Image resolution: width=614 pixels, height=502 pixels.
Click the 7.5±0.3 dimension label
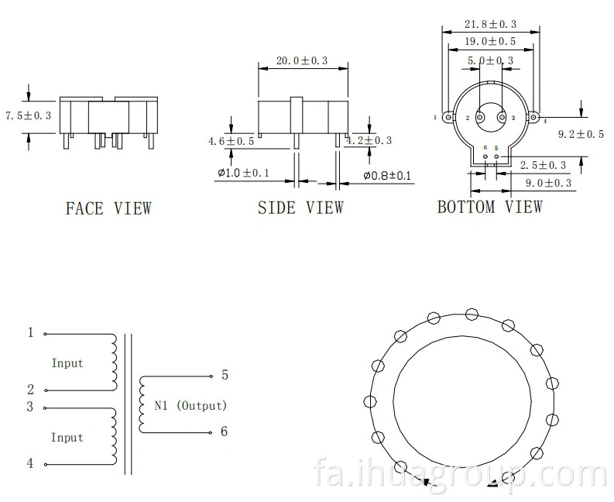pos(28,115)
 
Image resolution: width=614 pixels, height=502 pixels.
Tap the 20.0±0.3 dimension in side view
pos(302,60)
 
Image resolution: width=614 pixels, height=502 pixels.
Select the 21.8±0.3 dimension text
pos(490,24)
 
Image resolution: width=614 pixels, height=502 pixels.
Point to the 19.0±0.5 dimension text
pos(490,41)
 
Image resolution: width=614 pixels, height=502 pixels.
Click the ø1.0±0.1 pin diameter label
pos(244,173)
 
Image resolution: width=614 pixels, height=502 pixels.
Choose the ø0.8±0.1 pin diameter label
pos(387,176)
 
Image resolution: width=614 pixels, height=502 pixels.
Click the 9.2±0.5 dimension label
pos(581,135)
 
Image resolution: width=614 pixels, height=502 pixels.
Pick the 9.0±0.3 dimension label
pos(548,183)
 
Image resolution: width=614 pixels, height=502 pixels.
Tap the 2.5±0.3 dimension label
pos(543,165)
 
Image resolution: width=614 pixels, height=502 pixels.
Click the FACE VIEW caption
pos(108,208)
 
